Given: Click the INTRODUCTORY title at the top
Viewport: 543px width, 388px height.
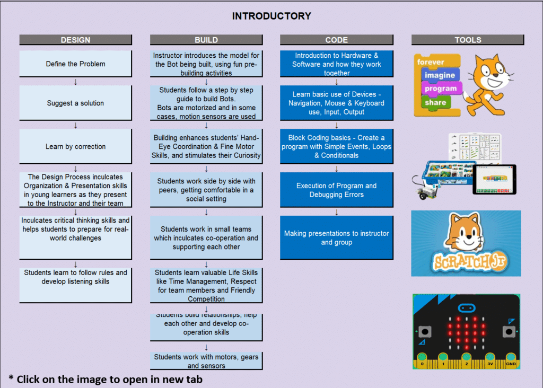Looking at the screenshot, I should coord(271,16).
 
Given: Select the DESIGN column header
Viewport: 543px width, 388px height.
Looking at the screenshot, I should coord(75,40).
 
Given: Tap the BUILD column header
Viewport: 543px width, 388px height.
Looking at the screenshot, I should coord(206,40).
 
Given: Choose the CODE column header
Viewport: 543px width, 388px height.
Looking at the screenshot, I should coord(337,40).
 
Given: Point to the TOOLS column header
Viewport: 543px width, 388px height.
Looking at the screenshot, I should coord(468,40).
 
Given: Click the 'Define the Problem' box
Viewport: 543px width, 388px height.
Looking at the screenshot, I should coord(75,64).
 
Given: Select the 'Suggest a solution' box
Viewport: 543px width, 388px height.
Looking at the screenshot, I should coord(75,103).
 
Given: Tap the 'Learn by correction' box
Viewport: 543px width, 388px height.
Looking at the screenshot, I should coord(75,146).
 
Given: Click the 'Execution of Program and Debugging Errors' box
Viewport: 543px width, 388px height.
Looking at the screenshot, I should coord(337,190).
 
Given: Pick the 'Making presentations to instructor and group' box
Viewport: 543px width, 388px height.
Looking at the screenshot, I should coord(337,237).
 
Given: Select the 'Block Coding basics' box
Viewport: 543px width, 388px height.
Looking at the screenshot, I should coord(337,146).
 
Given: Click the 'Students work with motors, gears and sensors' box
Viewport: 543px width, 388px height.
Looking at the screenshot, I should coord(206,361).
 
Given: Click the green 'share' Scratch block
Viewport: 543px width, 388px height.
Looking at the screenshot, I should coord(435,102).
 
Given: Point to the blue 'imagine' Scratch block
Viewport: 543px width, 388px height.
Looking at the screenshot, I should coord(440,75).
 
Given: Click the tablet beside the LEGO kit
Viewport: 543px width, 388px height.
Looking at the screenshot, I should coord(494,180).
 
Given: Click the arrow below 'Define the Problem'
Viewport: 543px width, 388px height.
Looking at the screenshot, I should coord(75,82).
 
